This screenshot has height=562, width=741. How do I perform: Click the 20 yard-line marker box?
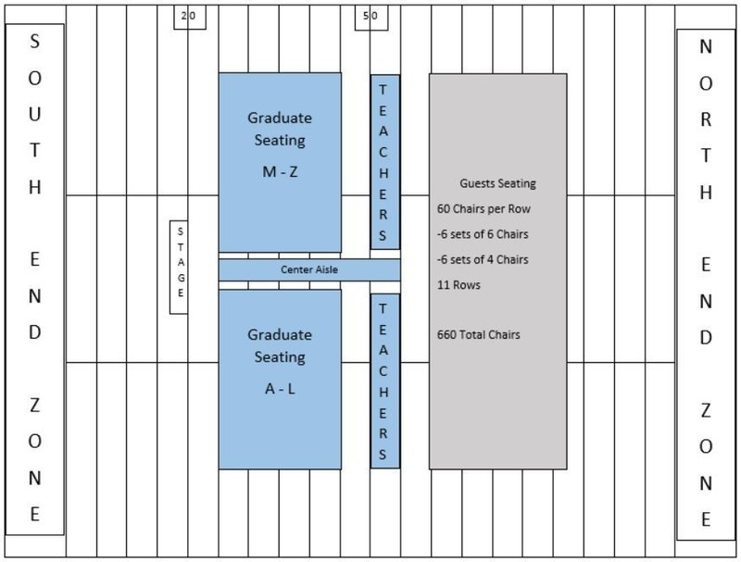(189, 16)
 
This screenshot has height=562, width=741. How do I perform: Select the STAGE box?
(179, 267)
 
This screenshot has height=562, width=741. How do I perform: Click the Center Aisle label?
(309, 269)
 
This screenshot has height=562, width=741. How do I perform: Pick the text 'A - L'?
(279, 389)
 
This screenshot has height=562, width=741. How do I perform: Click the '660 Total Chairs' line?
(478, 333)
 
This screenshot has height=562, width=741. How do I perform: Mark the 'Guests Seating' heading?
(497, 183)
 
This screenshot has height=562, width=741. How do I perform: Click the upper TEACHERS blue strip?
(385, 161)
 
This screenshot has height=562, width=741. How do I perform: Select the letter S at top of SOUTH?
(34, 42)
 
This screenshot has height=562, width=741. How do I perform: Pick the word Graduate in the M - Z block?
(279, 118)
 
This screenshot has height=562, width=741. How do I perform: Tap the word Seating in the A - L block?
(279, 357)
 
